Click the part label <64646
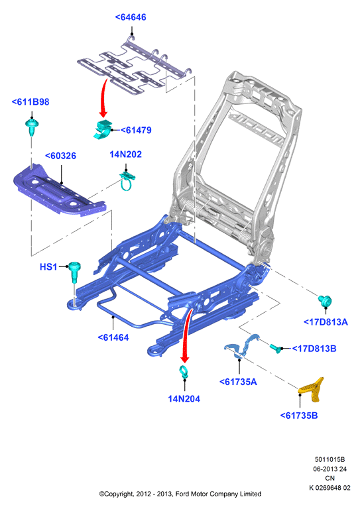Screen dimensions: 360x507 point(131,17)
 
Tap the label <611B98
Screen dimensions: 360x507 point(30,102)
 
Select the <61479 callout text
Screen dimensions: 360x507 point(136,130)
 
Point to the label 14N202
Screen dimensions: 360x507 point(125,154)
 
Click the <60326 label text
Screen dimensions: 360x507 point(60,156)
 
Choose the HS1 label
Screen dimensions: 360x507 point(48,267)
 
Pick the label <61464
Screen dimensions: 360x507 point(113,337)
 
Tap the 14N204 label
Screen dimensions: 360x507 point(184,399)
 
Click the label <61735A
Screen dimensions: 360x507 point(238,382)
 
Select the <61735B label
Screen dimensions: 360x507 point(299,416)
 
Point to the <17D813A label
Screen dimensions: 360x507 point(326,322)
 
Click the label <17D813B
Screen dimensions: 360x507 point(314,349)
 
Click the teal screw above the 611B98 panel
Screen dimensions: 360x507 point(32,127)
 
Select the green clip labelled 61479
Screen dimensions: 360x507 point(103,129)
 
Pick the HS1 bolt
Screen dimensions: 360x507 point(74,272)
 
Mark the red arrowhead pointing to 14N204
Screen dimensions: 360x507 point(185,359)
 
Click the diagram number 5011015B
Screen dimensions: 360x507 point(330,459)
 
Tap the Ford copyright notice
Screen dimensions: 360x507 point(180,494)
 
